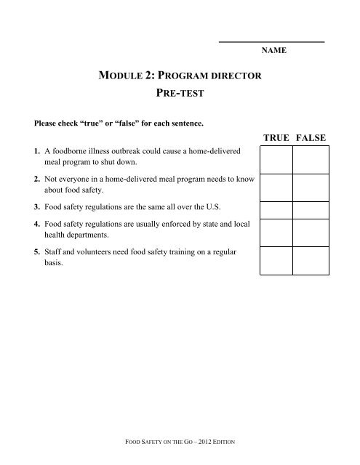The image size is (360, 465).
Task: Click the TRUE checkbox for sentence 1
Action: point(276,158)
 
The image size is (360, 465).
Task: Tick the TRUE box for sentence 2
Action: point(276,187)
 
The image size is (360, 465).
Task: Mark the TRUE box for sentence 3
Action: point(276,210)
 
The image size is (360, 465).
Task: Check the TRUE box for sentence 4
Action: point(276,233)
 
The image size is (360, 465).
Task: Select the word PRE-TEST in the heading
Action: point(179,94)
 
